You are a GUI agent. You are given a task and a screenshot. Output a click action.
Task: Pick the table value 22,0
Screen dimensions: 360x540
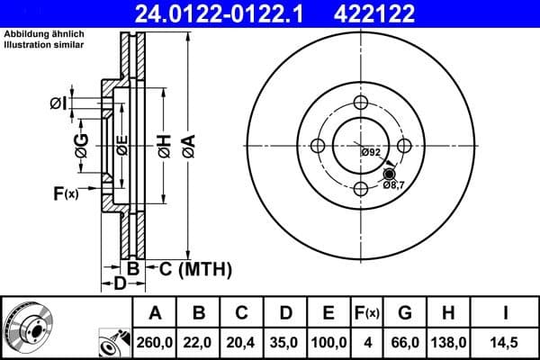200,343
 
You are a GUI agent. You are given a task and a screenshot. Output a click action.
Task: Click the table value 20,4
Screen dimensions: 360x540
242,343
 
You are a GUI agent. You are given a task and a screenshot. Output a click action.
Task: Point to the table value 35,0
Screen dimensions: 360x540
285,343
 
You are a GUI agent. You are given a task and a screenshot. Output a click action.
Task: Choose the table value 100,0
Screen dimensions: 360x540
328,343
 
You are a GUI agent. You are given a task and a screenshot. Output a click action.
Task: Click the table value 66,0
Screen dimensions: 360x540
405,343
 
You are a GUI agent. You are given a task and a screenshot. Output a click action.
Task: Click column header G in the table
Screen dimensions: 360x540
405,313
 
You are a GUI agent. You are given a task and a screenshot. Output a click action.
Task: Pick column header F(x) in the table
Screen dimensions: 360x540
366,313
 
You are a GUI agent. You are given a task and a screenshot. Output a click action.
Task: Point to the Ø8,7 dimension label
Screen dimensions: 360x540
394,184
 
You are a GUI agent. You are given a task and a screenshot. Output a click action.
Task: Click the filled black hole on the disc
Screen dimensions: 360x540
389,174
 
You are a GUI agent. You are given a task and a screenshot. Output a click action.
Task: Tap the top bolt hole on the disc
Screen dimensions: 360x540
361,102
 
